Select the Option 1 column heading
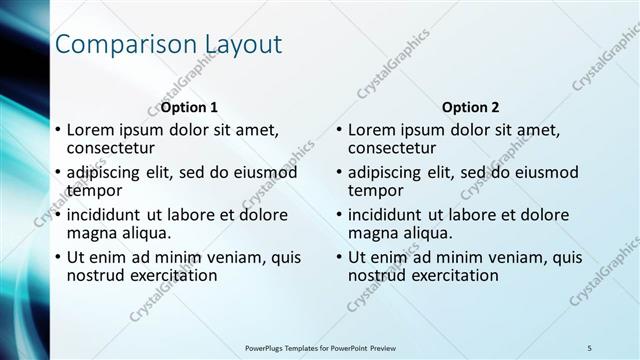189,107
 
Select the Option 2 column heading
470,107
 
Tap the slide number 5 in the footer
589,347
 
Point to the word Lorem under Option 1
92,130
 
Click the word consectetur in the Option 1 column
112,148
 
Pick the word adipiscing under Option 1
108,173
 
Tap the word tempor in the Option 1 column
94,190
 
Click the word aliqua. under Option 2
427,232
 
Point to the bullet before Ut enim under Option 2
339,257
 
